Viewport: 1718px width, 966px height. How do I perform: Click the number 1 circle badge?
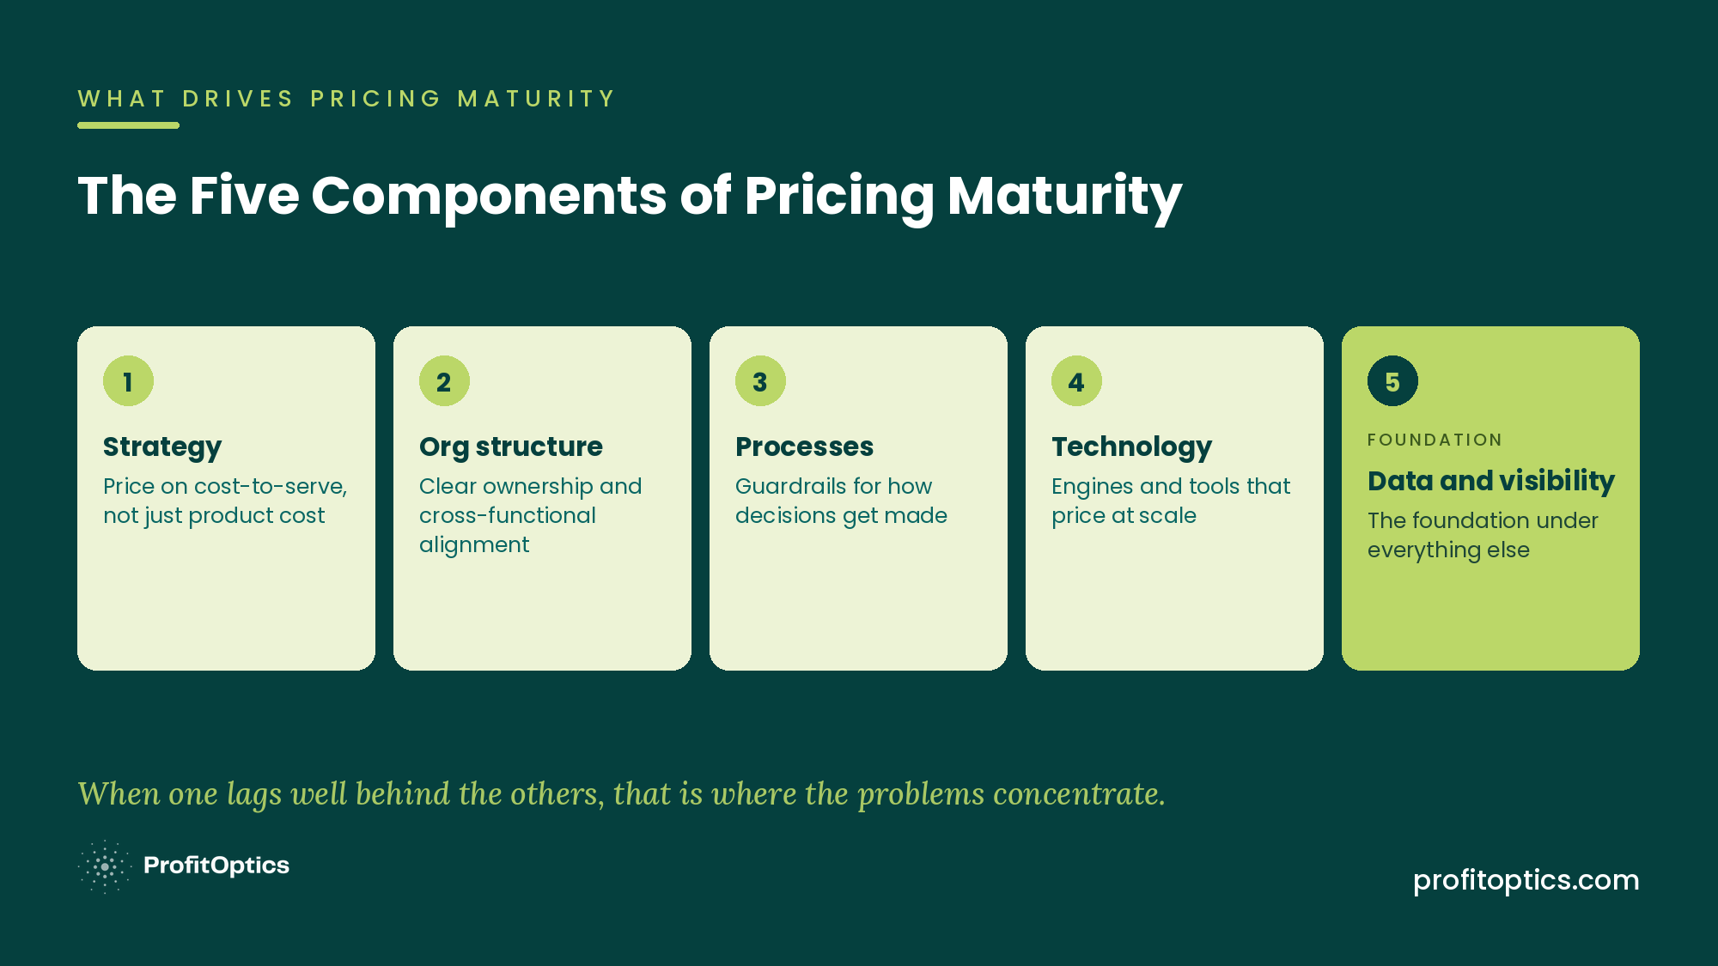[x=128, y=381]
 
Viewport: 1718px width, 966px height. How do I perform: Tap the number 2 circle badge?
[x=444, y=381]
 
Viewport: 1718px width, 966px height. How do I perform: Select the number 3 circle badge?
[x=760, y=381]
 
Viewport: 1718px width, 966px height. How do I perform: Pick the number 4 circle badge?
[x=1076, y=381]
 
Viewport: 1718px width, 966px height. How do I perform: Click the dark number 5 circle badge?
[x=1392, y=381]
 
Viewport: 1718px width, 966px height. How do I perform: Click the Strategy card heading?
[x=162, y=447]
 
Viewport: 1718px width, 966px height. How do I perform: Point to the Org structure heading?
[x=511, y=447]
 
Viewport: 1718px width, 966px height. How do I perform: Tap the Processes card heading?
[x=804, y=447]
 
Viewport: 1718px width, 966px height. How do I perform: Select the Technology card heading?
[x=1131, y=447]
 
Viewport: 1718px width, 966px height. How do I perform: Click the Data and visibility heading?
[x=1491, y=481]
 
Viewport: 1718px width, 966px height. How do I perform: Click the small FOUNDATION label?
[x=1435, y=440]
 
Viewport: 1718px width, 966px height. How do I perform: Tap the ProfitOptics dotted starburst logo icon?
[x=105, y=866]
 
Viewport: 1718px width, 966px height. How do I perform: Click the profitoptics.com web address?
[x=1526, y=880]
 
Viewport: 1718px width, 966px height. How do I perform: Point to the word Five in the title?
[x=244, y=195]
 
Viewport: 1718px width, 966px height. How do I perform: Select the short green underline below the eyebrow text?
[x=128, y=125]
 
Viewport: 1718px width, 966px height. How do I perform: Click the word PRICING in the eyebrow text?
[x=375, y=99]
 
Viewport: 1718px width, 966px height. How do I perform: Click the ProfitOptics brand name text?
[x=216, y=866]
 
